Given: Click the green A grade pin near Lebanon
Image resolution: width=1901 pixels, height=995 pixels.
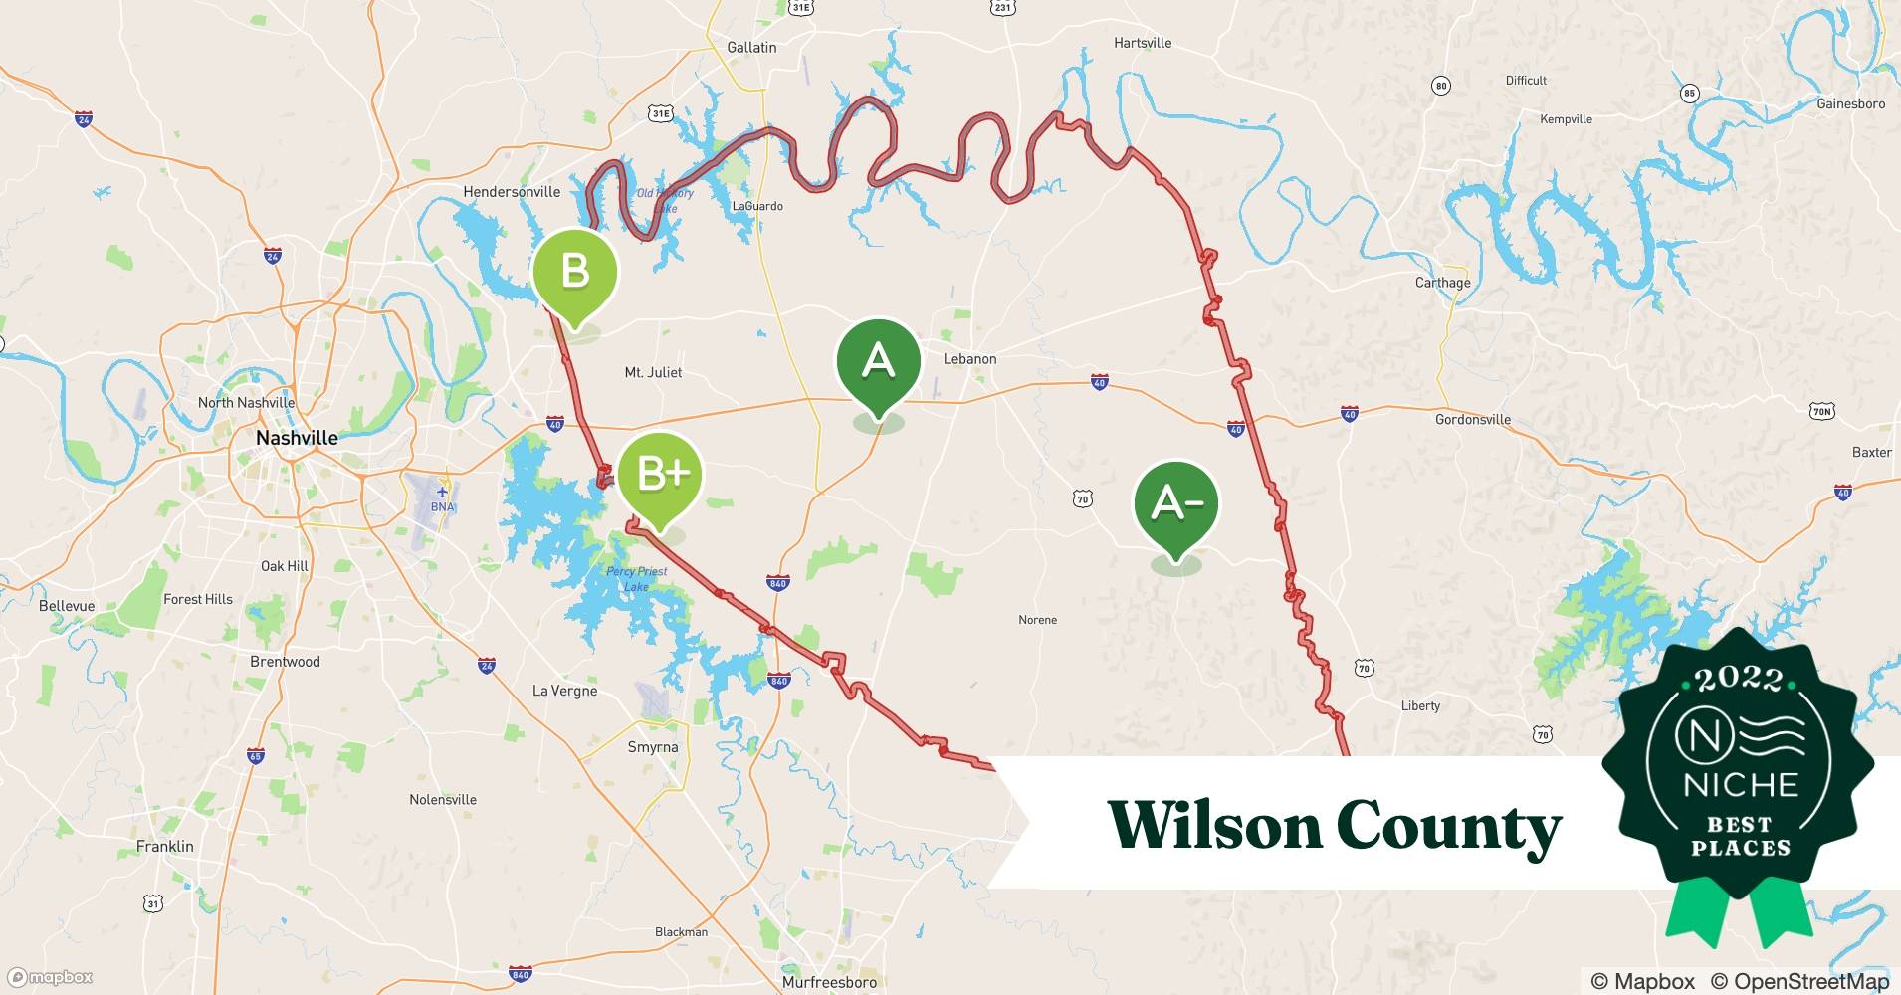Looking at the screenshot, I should [x=878, y=360].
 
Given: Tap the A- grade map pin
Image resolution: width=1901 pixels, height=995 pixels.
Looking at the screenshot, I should [x=1175, y=503].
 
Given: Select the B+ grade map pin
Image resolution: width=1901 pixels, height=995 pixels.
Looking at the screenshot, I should [x=660, y=475].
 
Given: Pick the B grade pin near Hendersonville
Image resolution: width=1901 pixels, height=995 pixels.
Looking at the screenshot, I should [x=575, y=272].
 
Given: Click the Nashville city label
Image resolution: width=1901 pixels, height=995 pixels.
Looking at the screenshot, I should [x=297, y=438].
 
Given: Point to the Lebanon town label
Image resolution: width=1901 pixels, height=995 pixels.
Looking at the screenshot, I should [x=969, y=359].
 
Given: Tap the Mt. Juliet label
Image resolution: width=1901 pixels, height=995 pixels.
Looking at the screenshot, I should [x=653, y=372].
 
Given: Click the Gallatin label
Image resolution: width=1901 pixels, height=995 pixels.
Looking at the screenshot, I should [x=751, y=47].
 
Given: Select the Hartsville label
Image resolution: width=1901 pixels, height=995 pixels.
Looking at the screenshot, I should [x=1143, y=43].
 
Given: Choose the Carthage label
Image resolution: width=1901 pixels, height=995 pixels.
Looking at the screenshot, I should [x=1442, y=283].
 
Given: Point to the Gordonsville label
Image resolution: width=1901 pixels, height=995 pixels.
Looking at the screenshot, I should [x=1472, y=420].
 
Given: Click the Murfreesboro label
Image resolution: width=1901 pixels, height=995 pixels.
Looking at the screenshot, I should [x=829, y=982].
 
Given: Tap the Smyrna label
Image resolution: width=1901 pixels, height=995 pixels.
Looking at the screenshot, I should [x=653, y=747].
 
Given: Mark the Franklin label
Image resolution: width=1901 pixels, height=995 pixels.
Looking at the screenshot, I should [x=165, y=847].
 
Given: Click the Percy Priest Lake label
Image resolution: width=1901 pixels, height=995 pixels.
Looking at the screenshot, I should [x=636, y=578].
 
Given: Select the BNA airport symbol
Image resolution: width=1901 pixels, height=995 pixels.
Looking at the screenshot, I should [x=442, y=492].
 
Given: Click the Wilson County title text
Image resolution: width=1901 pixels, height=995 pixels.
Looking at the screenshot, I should [x=1334, y=826].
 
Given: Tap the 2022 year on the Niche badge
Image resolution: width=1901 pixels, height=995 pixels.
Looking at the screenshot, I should [x=1739, y=680].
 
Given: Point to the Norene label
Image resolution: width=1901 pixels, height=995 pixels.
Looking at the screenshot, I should [x=1037, y=620].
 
